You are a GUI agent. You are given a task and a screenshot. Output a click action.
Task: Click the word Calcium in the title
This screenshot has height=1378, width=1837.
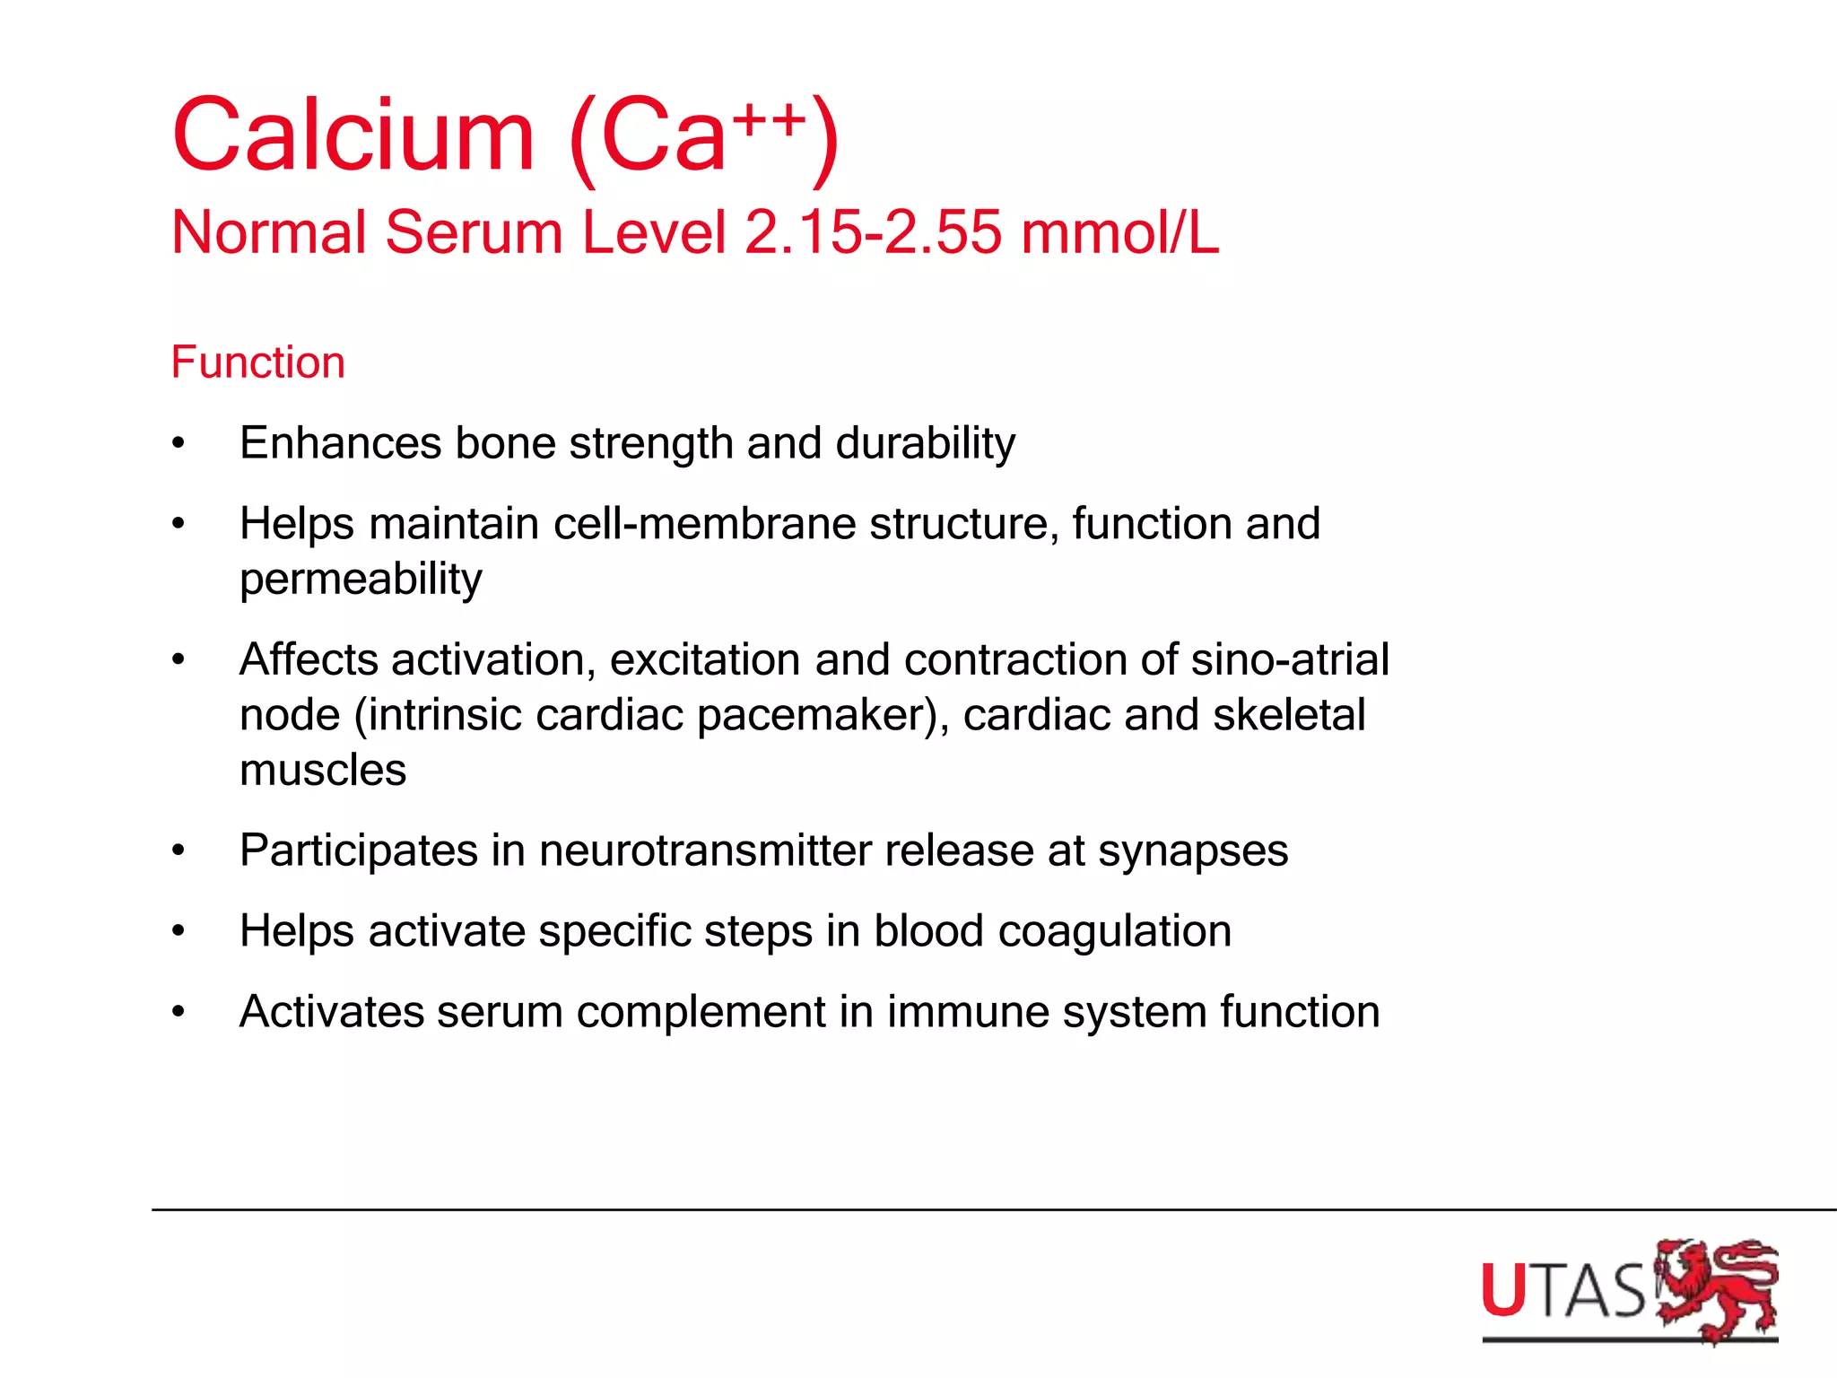pos(353,136)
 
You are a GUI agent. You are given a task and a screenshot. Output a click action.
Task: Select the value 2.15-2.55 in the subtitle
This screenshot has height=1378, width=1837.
pos(873,232)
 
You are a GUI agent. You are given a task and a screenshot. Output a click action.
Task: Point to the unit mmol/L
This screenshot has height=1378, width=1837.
pos(1119,232)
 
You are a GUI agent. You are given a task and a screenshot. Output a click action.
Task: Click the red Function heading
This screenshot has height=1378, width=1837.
pos(258,362)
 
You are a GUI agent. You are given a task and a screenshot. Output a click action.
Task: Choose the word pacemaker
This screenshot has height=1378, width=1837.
pos(818,716)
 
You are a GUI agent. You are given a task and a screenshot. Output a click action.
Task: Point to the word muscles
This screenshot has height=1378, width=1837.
pos(323,770)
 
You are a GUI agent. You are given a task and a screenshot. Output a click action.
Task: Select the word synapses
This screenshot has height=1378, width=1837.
pos(1193,851)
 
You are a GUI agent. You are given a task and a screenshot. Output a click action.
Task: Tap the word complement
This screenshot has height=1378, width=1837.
pos(701,1013)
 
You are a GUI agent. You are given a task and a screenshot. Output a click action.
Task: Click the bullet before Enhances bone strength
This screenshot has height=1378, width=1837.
pos(178,443)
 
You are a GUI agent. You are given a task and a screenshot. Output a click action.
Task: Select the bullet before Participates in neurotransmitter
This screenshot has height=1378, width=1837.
pos(178,850)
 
